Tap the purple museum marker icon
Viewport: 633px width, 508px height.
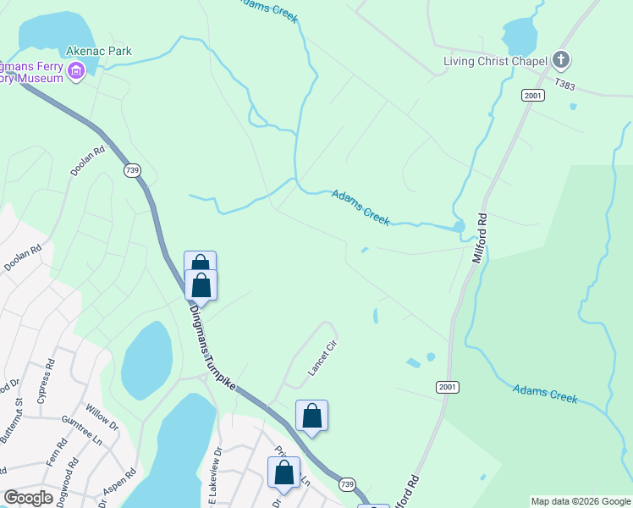pos(76,71)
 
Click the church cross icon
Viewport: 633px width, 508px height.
pos(559,60)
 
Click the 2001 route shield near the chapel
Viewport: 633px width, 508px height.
pos(532,95)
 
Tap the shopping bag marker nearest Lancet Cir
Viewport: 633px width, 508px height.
pos(311,416)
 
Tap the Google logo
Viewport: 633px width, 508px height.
pos(28,498)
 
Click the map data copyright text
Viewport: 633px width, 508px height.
pos(581,501)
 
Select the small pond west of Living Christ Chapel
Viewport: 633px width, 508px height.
pos(519,36)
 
